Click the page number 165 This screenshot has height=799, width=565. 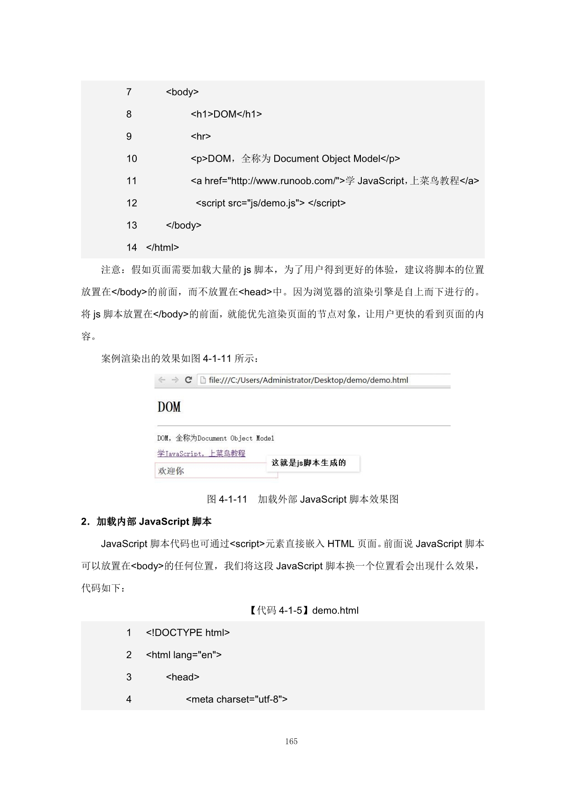click(x=291, y=742)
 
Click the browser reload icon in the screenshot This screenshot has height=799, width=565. click(x=188, y=380)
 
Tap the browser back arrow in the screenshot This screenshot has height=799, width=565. click(x=162, y=380)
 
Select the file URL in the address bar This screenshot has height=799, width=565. click(x=308, y=380)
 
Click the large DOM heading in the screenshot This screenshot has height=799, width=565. click(x=169, y=407)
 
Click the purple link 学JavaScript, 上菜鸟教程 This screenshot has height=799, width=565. click(x=201, y=454)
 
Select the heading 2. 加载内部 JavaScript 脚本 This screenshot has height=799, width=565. click(x=146, y=521)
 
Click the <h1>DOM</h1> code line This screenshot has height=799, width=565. click(x=226, y=114)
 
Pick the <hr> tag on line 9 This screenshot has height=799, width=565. click(x=200, y=136)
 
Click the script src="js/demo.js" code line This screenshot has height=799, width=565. click(x=270, y=203)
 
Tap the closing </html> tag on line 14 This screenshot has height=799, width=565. click(x=162, y=247)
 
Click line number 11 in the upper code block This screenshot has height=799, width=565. click(x=132, y=181)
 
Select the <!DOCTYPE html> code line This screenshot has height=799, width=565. click(x=188, y=633)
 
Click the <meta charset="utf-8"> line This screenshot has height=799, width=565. click(x=236, y=699)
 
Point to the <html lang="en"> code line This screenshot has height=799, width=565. click(x=184, y=655)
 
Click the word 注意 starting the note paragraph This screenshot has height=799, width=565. click(x=111, y=270)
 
